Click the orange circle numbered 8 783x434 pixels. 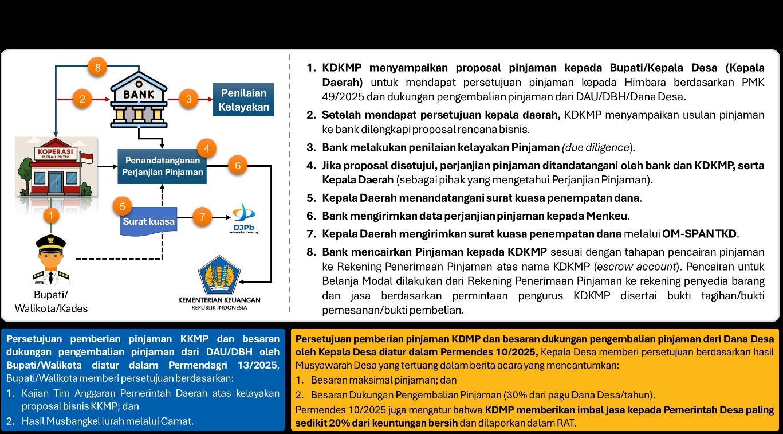[98, 68]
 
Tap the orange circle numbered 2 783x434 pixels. [82, 99]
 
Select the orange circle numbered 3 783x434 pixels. [188, 99]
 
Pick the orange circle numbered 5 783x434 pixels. [122, 205]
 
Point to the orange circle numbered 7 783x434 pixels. [202, 217]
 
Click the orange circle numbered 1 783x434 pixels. [51, 216]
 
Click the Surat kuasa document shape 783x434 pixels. [148, 220]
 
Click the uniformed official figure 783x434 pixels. [50, 261]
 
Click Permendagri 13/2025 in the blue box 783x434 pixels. [234, 366]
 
